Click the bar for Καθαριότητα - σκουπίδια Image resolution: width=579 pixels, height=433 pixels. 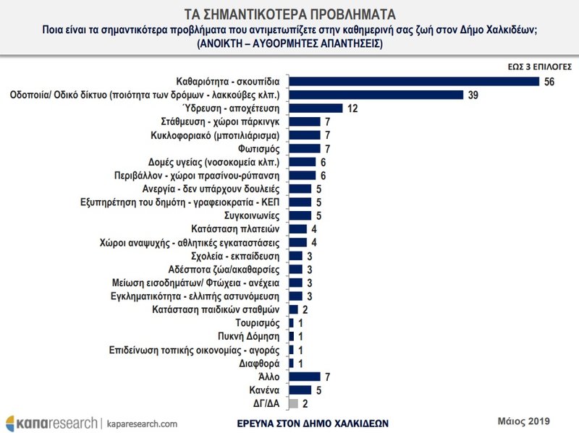pyautogui.click(x=413, y=81)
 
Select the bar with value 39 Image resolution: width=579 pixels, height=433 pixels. pyautogui.click(x=376, y=95)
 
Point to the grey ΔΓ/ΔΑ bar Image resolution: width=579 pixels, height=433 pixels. pyautogui.click(x=293, y=403)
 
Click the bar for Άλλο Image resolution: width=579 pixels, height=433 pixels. pyautogui.click(x=304, y=377)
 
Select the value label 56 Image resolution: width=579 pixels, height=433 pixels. pyautogui.click(x=549, y=81)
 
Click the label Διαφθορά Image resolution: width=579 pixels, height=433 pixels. pyautogui.click(x=263, y=363)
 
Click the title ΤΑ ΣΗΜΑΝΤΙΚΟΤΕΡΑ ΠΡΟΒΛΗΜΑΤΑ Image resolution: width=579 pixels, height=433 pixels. pyautogui.click(x=289, y=14)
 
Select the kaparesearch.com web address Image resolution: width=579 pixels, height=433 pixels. pyautogui.click(x=143, y=422)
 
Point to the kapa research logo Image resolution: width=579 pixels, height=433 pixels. pyautogui.click(x=51, y=421)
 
